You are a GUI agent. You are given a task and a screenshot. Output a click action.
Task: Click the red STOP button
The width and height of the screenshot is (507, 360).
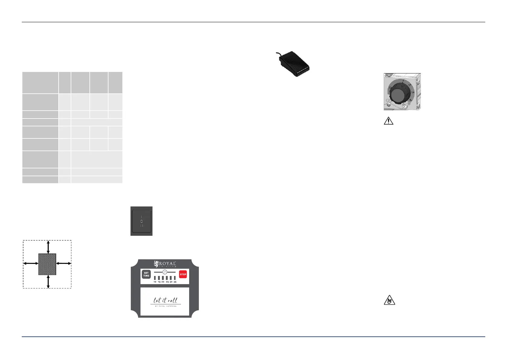tap(183, 274)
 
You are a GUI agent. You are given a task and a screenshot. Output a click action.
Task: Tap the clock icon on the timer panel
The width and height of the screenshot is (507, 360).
tap(165, 272)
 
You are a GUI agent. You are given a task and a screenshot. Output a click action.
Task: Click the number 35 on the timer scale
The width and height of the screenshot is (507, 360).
tap(175, 282)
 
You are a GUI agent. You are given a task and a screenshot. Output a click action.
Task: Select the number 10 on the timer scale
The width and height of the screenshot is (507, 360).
tap(155, 282)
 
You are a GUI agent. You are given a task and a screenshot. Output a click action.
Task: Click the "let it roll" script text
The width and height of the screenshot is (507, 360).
tap(165, 300)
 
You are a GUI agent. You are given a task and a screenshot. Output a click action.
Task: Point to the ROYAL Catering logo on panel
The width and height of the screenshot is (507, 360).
tap(165, 264)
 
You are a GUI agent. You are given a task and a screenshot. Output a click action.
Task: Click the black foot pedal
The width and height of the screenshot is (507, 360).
tap(294, 64)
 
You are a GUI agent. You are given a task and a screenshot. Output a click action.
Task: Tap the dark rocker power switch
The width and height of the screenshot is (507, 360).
tap(141, 221)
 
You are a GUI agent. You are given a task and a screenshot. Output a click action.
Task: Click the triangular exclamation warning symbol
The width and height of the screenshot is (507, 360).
tap(389, 121)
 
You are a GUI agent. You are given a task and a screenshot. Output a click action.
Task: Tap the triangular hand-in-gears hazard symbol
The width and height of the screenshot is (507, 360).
tap(389, 300)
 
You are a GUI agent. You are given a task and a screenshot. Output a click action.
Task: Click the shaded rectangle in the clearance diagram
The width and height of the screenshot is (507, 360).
tap(47, 264)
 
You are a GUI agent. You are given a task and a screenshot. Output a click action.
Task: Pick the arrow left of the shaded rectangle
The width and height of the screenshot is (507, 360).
tap(31, 264)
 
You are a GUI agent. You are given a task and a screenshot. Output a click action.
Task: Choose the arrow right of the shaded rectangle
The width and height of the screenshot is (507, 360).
tap(63, 264)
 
